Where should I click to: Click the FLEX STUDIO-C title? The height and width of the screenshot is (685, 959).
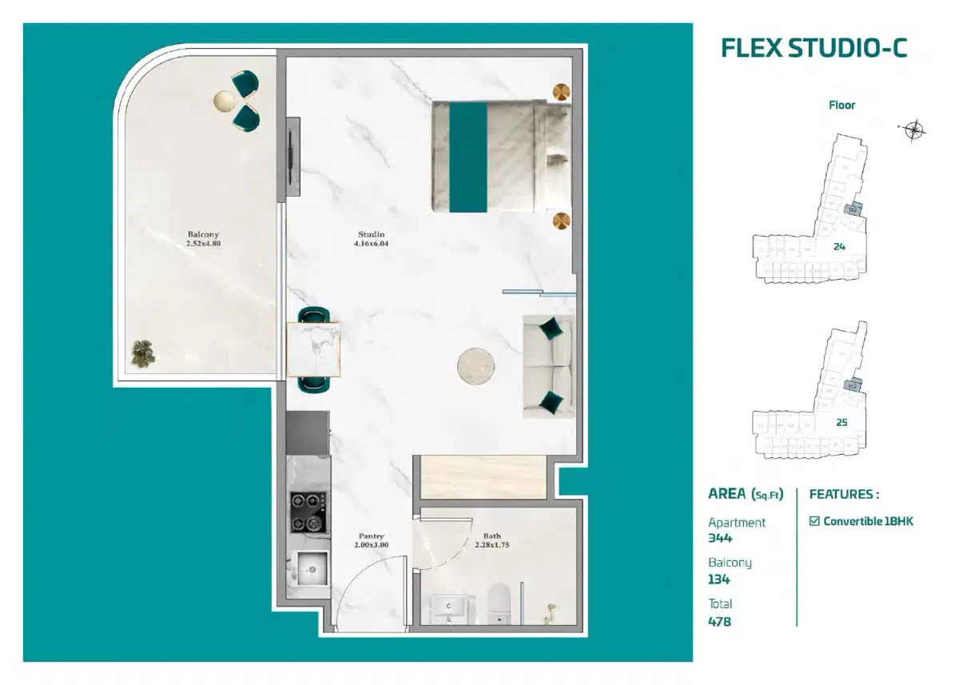click(x=814, y=48)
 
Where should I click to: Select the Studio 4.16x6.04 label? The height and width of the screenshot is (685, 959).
click(x=370, y=239)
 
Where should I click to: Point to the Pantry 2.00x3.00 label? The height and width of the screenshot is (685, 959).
click(x=371, y=540)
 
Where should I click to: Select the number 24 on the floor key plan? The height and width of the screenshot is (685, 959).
click(x=839, y=246)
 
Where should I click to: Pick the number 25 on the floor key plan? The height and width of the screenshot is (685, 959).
click(x=841, y=422)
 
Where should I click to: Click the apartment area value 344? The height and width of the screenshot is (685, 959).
click(x=720, y=538)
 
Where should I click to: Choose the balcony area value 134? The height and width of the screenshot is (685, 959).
click(x=718, y=579)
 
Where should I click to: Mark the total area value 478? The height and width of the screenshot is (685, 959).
click(x=719, y=621)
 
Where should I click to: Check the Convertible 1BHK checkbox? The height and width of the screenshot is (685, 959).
click(x=814, y=521)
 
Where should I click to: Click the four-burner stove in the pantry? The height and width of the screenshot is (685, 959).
click(x=308, y=512)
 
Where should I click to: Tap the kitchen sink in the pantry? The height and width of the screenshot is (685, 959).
click(x=308, y=569)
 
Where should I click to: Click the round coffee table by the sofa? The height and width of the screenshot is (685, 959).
click(x=476, y=366)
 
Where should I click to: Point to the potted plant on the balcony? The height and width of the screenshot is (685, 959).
click(x=143, y=354)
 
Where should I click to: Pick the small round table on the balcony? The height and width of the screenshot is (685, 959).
click(x=225, y=100)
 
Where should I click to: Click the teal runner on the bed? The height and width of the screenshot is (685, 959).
click(x=468, y=157)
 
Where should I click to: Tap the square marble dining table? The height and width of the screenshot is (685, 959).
click(x=313, y=349)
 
